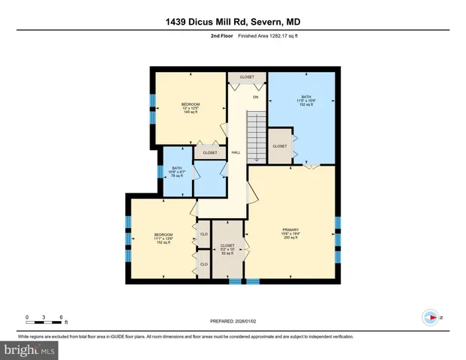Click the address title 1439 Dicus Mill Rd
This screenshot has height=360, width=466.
coord(233,22)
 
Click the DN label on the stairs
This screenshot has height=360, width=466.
coord(255,97)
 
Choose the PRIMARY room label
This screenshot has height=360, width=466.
coord(290,229)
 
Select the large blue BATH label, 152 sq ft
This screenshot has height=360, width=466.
coord(306,97)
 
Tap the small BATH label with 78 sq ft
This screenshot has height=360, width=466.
coord(177,168)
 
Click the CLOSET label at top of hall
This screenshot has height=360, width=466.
coord(246,77)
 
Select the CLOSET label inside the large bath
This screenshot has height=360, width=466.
coord(280,146)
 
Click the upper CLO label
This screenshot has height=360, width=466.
coord(203,235)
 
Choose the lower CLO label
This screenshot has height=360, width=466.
coord(203,263)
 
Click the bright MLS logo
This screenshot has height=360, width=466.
coord(29,349)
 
